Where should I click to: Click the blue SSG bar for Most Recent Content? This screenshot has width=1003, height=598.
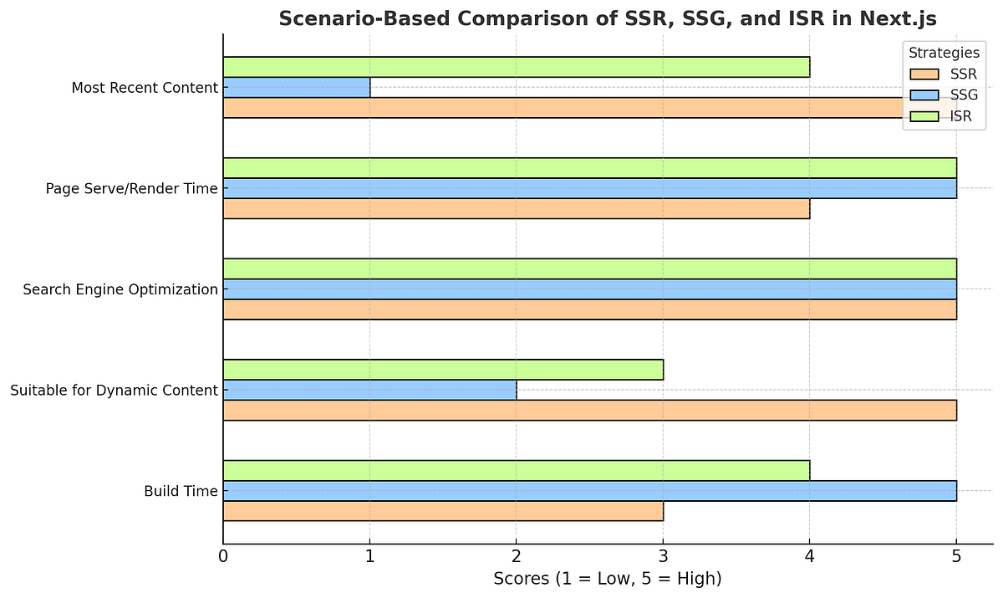click(297, 87)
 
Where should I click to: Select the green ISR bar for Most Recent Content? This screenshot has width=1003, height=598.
click(516, 67)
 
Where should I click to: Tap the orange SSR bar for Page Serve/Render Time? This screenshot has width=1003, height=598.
click(516, 208)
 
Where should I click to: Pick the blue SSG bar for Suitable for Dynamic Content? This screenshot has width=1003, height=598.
click(369, 390)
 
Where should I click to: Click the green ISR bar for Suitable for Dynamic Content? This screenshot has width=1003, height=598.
click(443, 370)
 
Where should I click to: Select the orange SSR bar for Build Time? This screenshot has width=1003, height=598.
click(443, 511)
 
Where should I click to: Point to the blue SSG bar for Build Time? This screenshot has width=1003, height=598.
click(589, 491)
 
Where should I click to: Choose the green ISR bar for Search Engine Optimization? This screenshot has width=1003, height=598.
click(589, 268)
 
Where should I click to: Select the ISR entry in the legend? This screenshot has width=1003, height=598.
click(961, 116)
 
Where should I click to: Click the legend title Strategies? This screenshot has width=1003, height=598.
click(944, 53)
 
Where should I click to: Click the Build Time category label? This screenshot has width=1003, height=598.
click(181, 491)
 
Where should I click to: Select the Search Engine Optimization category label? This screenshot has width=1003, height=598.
click(120, 289)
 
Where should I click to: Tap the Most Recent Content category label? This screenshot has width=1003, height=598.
click(145, 87)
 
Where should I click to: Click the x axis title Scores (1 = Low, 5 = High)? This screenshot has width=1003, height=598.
click(607, 579)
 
